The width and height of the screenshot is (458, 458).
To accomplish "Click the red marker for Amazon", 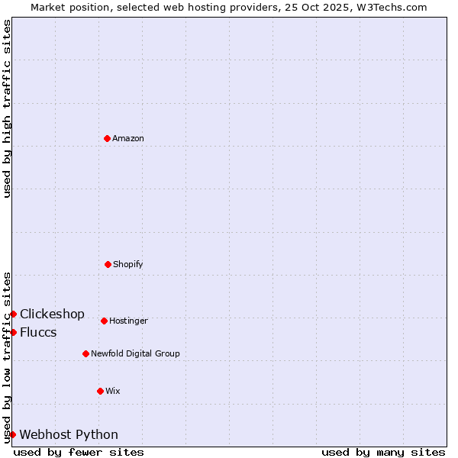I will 107,138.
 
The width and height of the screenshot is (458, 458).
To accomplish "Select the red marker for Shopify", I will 108,264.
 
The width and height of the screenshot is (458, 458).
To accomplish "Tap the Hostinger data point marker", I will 104,321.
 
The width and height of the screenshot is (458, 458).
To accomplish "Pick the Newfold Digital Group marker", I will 85,353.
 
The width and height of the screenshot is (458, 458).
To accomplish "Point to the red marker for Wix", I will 100,391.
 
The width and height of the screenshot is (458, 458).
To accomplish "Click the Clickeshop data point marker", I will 13,314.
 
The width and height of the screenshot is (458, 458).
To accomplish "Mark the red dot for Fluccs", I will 13,332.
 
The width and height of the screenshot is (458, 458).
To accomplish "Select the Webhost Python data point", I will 12,434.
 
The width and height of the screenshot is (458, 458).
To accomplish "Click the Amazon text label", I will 128,139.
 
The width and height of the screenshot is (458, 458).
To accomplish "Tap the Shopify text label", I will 128,265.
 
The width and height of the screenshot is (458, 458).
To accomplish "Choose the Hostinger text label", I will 128,321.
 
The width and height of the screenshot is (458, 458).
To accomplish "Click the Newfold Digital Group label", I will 135,354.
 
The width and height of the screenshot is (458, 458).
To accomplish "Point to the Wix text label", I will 113,392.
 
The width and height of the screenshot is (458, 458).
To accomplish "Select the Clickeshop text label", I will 52,314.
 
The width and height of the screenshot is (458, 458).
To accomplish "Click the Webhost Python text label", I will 69,435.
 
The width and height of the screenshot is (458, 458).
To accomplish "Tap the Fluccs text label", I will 38,333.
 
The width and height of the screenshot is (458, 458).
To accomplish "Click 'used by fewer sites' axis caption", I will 79,452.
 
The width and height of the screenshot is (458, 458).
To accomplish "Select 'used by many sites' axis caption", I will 383,452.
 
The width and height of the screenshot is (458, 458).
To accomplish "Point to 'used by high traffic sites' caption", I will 8,108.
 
